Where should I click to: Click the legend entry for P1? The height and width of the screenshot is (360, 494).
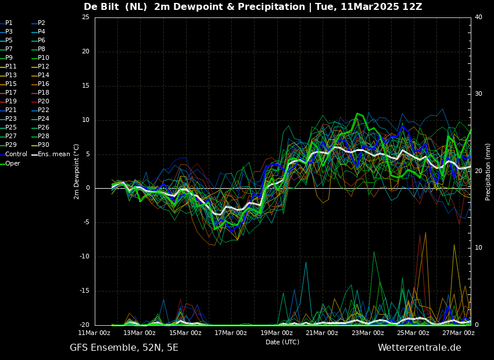click(6, 23)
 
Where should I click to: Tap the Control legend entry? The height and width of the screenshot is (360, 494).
click(13, 154)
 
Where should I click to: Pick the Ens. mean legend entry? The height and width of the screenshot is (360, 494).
click(51, 154)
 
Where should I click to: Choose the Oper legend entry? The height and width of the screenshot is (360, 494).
click(10, 163)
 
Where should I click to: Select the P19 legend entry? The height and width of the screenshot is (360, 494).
click(8, 102)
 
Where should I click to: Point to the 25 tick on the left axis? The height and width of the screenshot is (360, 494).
click(85, 17)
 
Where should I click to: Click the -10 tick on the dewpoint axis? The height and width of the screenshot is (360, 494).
click(84, 257)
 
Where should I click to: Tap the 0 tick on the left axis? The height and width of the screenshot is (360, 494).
click(88, 188)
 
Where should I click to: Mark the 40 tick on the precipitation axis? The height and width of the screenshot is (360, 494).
click(478, 17)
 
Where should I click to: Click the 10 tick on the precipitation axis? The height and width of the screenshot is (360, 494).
click(478, 248)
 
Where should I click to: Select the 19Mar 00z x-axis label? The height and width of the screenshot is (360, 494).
click(276, 333)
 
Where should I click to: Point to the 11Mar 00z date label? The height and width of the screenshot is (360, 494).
click(94, 333)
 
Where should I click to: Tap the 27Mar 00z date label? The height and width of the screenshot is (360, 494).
click(459, 333)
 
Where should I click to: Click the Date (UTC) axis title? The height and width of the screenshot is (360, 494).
click(282, 342)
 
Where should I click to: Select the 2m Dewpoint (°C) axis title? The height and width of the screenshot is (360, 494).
click(76, 171)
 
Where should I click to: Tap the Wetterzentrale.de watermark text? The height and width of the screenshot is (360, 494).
click(420, 348)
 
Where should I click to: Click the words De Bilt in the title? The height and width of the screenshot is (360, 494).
click(102, 6)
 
